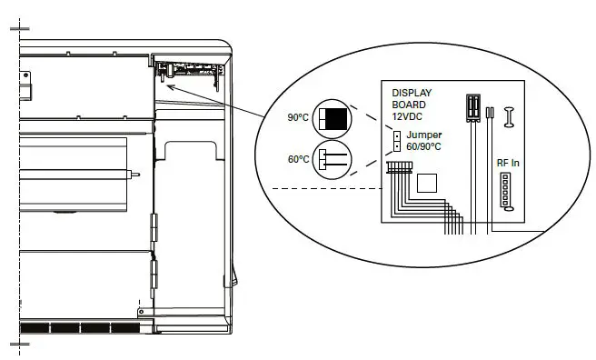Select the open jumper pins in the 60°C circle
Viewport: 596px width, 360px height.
coord(329,159)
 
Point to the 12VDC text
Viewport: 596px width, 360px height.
coord(408,116)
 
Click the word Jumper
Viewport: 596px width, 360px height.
coord(424,135)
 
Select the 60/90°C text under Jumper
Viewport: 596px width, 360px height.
coord(423,146)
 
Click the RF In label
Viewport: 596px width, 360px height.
coord(508,163)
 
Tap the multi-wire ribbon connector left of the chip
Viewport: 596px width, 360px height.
coord(398,168)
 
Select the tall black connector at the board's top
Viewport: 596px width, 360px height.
coord(472,107)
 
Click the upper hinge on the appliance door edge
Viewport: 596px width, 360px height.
coord(153,224)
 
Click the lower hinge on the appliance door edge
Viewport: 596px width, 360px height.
coord(153,272)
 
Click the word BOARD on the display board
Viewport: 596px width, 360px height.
coord(409,105)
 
